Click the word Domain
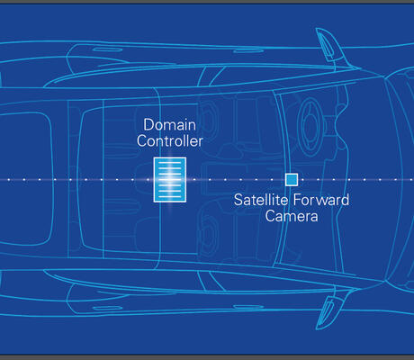click(169, 125)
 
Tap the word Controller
click(170, 141)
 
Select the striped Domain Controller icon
click(170, 180)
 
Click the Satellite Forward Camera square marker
click(292, 180)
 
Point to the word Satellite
click(261, 200)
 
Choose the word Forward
click(321, 200)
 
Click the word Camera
click(292, 216)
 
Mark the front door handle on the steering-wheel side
click(248, 50)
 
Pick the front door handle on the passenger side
click(248, 307)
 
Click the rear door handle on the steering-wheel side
click(107, 49)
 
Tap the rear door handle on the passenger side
click(107, 309)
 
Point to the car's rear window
click(26, 179)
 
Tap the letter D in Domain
click(148, 125)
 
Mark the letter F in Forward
click(296, 200)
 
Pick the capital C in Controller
click(141, 141)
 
